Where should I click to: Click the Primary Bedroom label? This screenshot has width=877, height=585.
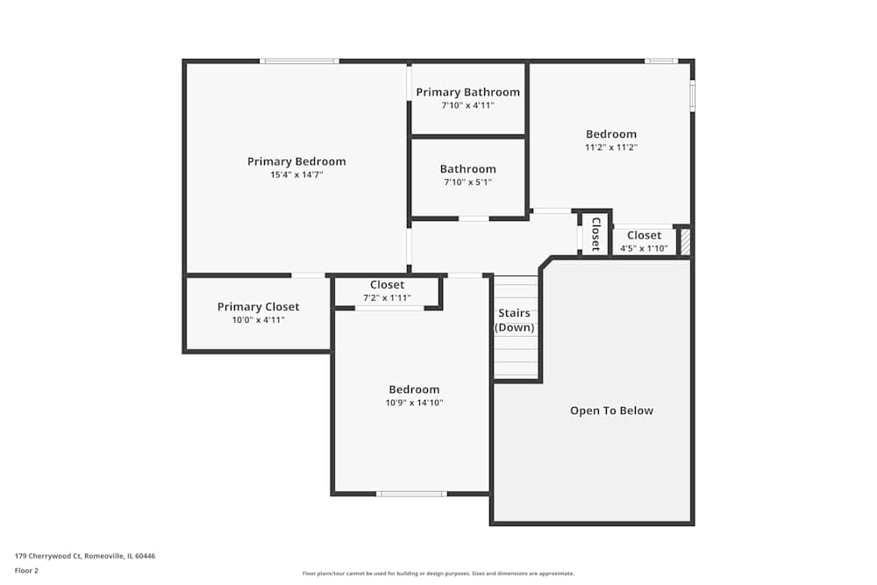(296, 161)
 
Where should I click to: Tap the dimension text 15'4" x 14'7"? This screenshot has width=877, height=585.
(296, 175)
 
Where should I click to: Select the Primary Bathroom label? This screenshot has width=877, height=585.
(467, 92)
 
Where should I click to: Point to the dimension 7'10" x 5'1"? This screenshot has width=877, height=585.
(467, 182)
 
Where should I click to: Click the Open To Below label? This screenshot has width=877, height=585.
(611, 410)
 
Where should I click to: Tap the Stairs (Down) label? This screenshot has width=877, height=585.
(514, 320)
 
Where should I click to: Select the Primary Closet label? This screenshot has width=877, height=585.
(258, 307)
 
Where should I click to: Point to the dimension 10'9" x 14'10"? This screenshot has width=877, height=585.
(414, 403)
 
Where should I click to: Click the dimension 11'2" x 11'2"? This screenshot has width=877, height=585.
(611, 147)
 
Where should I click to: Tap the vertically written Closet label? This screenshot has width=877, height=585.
(595, 234)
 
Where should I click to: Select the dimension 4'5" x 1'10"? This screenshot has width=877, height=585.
(644, 248)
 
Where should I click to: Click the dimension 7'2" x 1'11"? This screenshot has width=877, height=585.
(387, 297)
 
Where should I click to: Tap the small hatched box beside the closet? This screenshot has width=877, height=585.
(686, 242)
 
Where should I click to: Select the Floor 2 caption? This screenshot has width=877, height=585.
(26, 570)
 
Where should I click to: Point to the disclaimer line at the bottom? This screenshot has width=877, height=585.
(438, 574)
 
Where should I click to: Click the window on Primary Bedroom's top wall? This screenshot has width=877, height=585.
(299, 61)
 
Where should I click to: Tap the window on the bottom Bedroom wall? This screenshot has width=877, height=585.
(410, 494)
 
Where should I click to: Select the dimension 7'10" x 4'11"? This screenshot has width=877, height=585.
(467, 105)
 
